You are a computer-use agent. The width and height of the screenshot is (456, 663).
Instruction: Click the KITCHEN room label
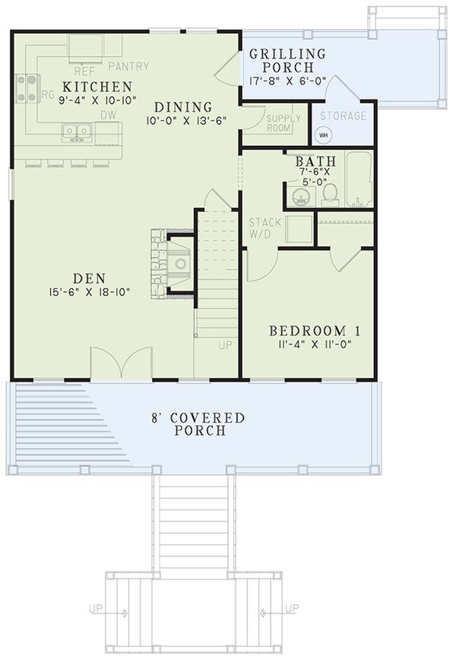97,87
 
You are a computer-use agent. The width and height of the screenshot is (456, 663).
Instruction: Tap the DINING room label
179,106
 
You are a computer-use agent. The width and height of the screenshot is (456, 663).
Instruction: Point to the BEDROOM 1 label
315,331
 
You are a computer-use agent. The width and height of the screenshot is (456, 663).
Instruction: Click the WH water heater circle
322,135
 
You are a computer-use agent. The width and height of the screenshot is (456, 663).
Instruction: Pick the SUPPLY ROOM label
284,123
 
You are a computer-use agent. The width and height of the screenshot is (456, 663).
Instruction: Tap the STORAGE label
342,116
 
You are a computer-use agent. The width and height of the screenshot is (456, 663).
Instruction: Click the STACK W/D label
265,227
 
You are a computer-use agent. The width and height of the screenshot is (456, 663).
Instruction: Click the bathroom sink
299,196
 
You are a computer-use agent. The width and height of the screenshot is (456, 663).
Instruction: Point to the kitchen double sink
77,132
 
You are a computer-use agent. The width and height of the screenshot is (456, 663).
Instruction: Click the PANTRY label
128,66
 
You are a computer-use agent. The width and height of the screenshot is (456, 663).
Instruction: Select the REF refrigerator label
85,66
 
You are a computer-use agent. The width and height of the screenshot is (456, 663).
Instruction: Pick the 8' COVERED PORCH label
197,424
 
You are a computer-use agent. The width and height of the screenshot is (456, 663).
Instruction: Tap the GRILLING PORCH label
287,60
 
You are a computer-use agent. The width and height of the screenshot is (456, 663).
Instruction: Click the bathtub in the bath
359,180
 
